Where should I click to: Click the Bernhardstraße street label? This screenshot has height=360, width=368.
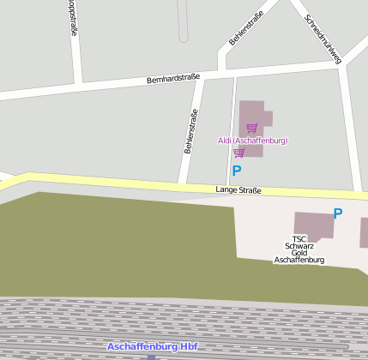tap(173, 77)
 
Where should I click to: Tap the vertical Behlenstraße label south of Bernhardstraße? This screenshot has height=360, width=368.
tap(191, 131)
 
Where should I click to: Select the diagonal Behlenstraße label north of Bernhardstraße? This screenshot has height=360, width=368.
tap(246, 29)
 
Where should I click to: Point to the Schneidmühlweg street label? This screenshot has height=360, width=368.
tap(323, 39)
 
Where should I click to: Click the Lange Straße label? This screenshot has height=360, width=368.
tap(238, 190)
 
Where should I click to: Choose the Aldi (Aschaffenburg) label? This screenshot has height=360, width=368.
tap(252, 141)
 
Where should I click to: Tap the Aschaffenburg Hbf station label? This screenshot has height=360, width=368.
tap(153, 346)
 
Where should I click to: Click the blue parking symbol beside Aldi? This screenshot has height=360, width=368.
tap(237, 171)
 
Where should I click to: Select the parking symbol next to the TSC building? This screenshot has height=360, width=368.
tap(338, 213)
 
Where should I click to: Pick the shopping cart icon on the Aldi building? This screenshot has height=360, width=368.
tap(251, 128)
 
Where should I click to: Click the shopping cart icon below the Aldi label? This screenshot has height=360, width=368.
tap(239, 153)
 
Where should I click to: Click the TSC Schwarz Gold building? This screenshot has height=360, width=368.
tap(313, 225)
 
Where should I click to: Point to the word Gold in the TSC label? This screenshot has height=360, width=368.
tap(299, 253)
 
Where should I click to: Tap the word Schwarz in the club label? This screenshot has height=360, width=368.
tap(299, 246)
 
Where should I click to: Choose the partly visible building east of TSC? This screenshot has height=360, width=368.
tap(364, 232)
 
